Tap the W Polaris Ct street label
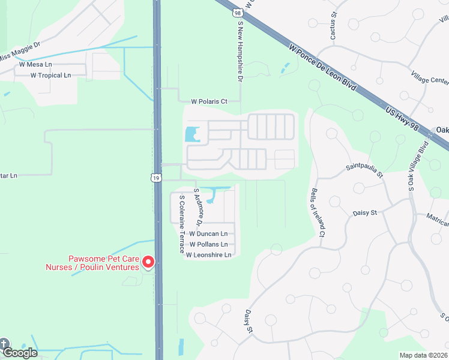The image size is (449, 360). pos(209,101)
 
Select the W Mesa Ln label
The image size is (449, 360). pos(35,64)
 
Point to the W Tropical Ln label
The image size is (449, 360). pos(50,75)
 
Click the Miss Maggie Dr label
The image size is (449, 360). pos(19,51)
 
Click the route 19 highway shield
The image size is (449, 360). pos(155,178)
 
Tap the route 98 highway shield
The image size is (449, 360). pos(238,12)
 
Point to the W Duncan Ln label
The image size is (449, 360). pos(208,233)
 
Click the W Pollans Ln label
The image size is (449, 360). pos(208,244)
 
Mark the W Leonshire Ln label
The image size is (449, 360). pos(208,255)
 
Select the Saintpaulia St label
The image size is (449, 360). pos(364,170)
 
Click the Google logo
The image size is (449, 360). pos(20,353)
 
